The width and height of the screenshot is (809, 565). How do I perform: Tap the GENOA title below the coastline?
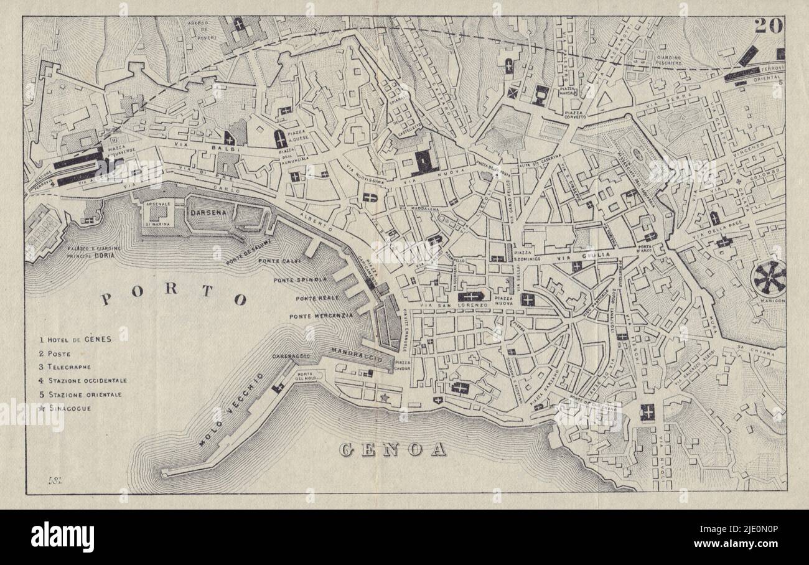click(x=393, y=450)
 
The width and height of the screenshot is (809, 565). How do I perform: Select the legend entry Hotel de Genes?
click(x=75, y=340)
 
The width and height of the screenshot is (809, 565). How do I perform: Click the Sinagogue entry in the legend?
click(x=58, y=408)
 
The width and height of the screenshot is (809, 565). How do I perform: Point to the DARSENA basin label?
click(x=209, y=212)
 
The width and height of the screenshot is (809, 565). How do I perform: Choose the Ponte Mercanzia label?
click(x=320, y=316)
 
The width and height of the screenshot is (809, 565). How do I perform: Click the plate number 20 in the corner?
click(x=769, y=26)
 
